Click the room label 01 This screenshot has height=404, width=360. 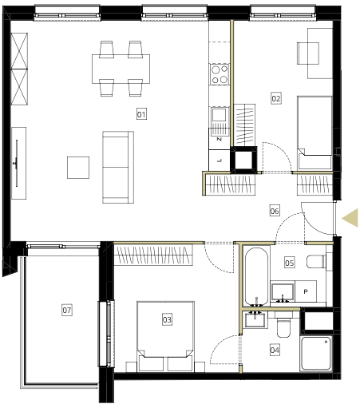click(141, 114)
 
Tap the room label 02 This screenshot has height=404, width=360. click(276, 98)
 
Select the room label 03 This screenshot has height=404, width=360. click(167, 319)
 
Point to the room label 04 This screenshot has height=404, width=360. click(275, 350)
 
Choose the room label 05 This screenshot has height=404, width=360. click(290, 263)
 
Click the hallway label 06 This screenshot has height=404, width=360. click(275, 211)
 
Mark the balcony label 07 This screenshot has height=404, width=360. click(67, 310)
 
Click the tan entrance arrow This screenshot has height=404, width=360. click(350, 218)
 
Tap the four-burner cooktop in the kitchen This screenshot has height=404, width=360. click(220, 74)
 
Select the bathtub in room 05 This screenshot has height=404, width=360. click(256, 277)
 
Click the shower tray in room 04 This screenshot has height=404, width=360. click(316, 353)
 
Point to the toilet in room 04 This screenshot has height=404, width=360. click(283, 325)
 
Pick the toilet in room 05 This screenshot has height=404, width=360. click(316, 261)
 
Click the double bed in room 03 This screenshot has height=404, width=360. click(165, 336)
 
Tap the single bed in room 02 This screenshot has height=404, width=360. click(315, 133)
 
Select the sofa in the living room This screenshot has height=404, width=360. click(118, 167)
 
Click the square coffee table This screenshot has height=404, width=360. click(78, 168)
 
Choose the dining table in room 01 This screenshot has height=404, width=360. click(121, 69)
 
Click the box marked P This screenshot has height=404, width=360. click(306, 291)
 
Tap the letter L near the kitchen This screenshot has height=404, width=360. click(220, 160)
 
